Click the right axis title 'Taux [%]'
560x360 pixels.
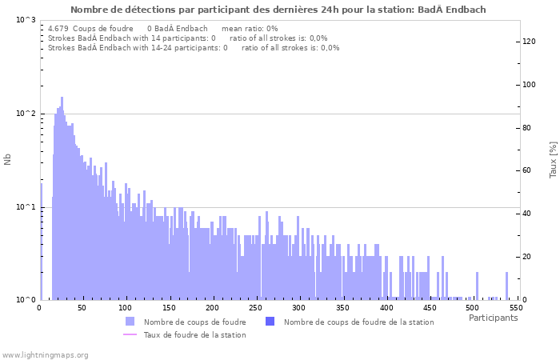pos(552,159)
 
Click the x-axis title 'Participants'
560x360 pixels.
pos(493,318)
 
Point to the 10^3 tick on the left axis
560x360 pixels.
pos(26,20)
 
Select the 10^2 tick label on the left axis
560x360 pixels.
pos(26,114)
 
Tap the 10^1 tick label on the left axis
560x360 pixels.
pos(26,207)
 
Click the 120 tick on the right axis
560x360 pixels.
pos(529,42)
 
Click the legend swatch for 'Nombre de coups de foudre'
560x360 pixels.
pos(130,322)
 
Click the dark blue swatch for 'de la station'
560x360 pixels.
pos(270,322)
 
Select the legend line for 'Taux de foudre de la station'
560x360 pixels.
pos(130,334)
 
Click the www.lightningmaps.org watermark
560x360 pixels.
pos(45,354)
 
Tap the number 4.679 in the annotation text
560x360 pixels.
pos(58,28)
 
